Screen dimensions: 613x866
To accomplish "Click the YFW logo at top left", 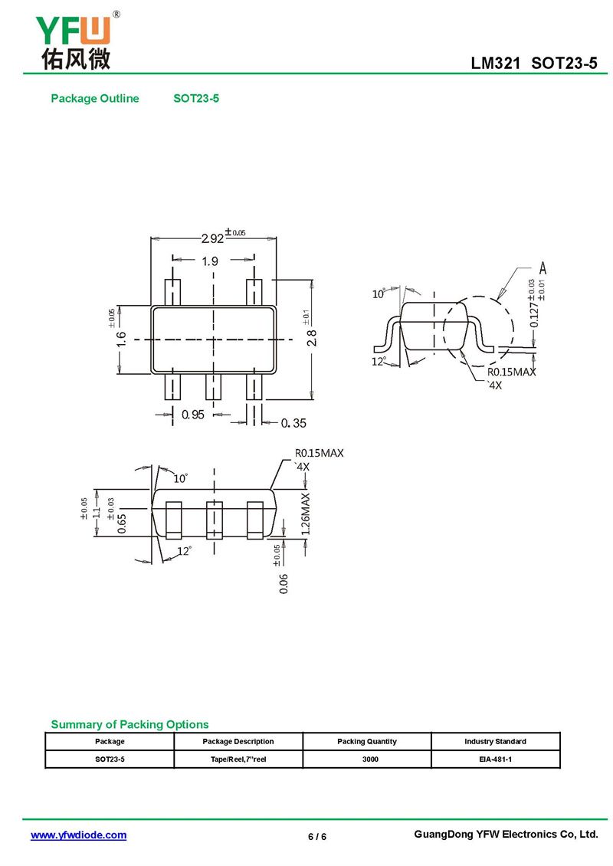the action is (77, 41).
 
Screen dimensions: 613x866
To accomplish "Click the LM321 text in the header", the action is (495, 63).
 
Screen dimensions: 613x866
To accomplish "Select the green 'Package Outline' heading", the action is (95, 98).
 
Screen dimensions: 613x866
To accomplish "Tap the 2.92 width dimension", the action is (212, 238).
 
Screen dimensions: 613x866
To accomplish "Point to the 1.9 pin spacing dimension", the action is (210, 261).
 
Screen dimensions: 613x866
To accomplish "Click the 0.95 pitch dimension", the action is (193, 414).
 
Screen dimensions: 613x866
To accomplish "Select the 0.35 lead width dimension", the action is (293, 423).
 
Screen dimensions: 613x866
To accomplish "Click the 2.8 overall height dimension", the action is (311, 337).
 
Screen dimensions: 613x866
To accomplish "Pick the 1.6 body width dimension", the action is (121, 339).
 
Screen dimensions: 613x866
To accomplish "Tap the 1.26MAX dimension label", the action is (306, 513).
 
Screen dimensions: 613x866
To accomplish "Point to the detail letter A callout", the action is (543, 268).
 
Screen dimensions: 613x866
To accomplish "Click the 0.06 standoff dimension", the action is (284, 584).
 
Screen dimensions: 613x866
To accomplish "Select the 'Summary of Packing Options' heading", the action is (129, 724).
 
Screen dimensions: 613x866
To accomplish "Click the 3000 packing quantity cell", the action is (370, 759).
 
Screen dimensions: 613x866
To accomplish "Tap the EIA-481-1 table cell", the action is (495, 759).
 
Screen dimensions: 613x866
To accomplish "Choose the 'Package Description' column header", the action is (238, 741).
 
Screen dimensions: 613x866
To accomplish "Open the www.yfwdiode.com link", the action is (78, 835).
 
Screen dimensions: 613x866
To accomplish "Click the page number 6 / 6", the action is (317, 837).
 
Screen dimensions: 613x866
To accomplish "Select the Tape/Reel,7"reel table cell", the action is (238, 759).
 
